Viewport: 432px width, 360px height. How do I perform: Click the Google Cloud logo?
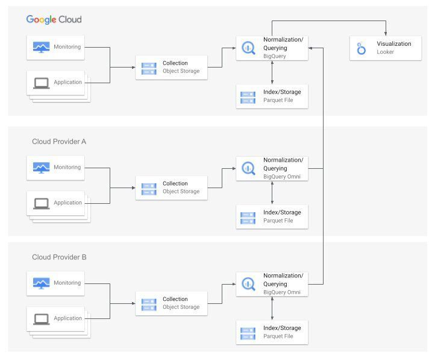tap(54, 20)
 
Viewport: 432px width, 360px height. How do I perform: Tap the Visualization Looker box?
tap(385, 48)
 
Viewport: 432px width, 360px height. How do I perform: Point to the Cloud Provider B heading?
tap(59, 257)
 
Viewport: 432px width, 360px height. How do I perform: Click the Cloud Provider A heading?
tap(59, 141)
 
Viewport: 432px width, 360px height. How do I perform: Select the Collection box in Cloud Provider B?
tap(171, 303)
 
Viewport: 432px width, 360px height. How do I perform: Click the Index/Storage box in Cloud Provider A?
tap(272, 216)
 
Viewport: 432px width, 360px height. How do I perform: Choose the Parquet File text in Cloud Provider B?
tap(278, 336)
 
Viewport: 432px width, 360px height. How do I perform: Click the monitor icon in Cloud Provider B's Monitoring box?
tap(42, 283)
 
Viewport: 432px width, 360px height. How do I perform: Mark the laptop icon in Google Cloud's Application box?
tap(42, 83)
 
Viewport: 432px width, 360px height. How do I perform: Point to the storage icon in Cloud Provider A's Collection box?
tap(148, 188)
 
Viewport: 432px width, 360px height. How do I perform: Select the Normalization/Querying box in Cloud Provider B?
tap(272, 284)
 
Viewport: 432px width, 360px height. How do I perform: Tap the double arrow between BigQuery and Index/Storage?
tap(273, 72)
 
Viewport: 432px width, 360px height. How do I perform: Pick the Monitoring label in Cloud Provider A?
tap(67, 167)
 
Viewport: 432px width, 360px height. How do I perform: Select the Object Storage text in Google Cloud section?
tap(181, 71)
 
